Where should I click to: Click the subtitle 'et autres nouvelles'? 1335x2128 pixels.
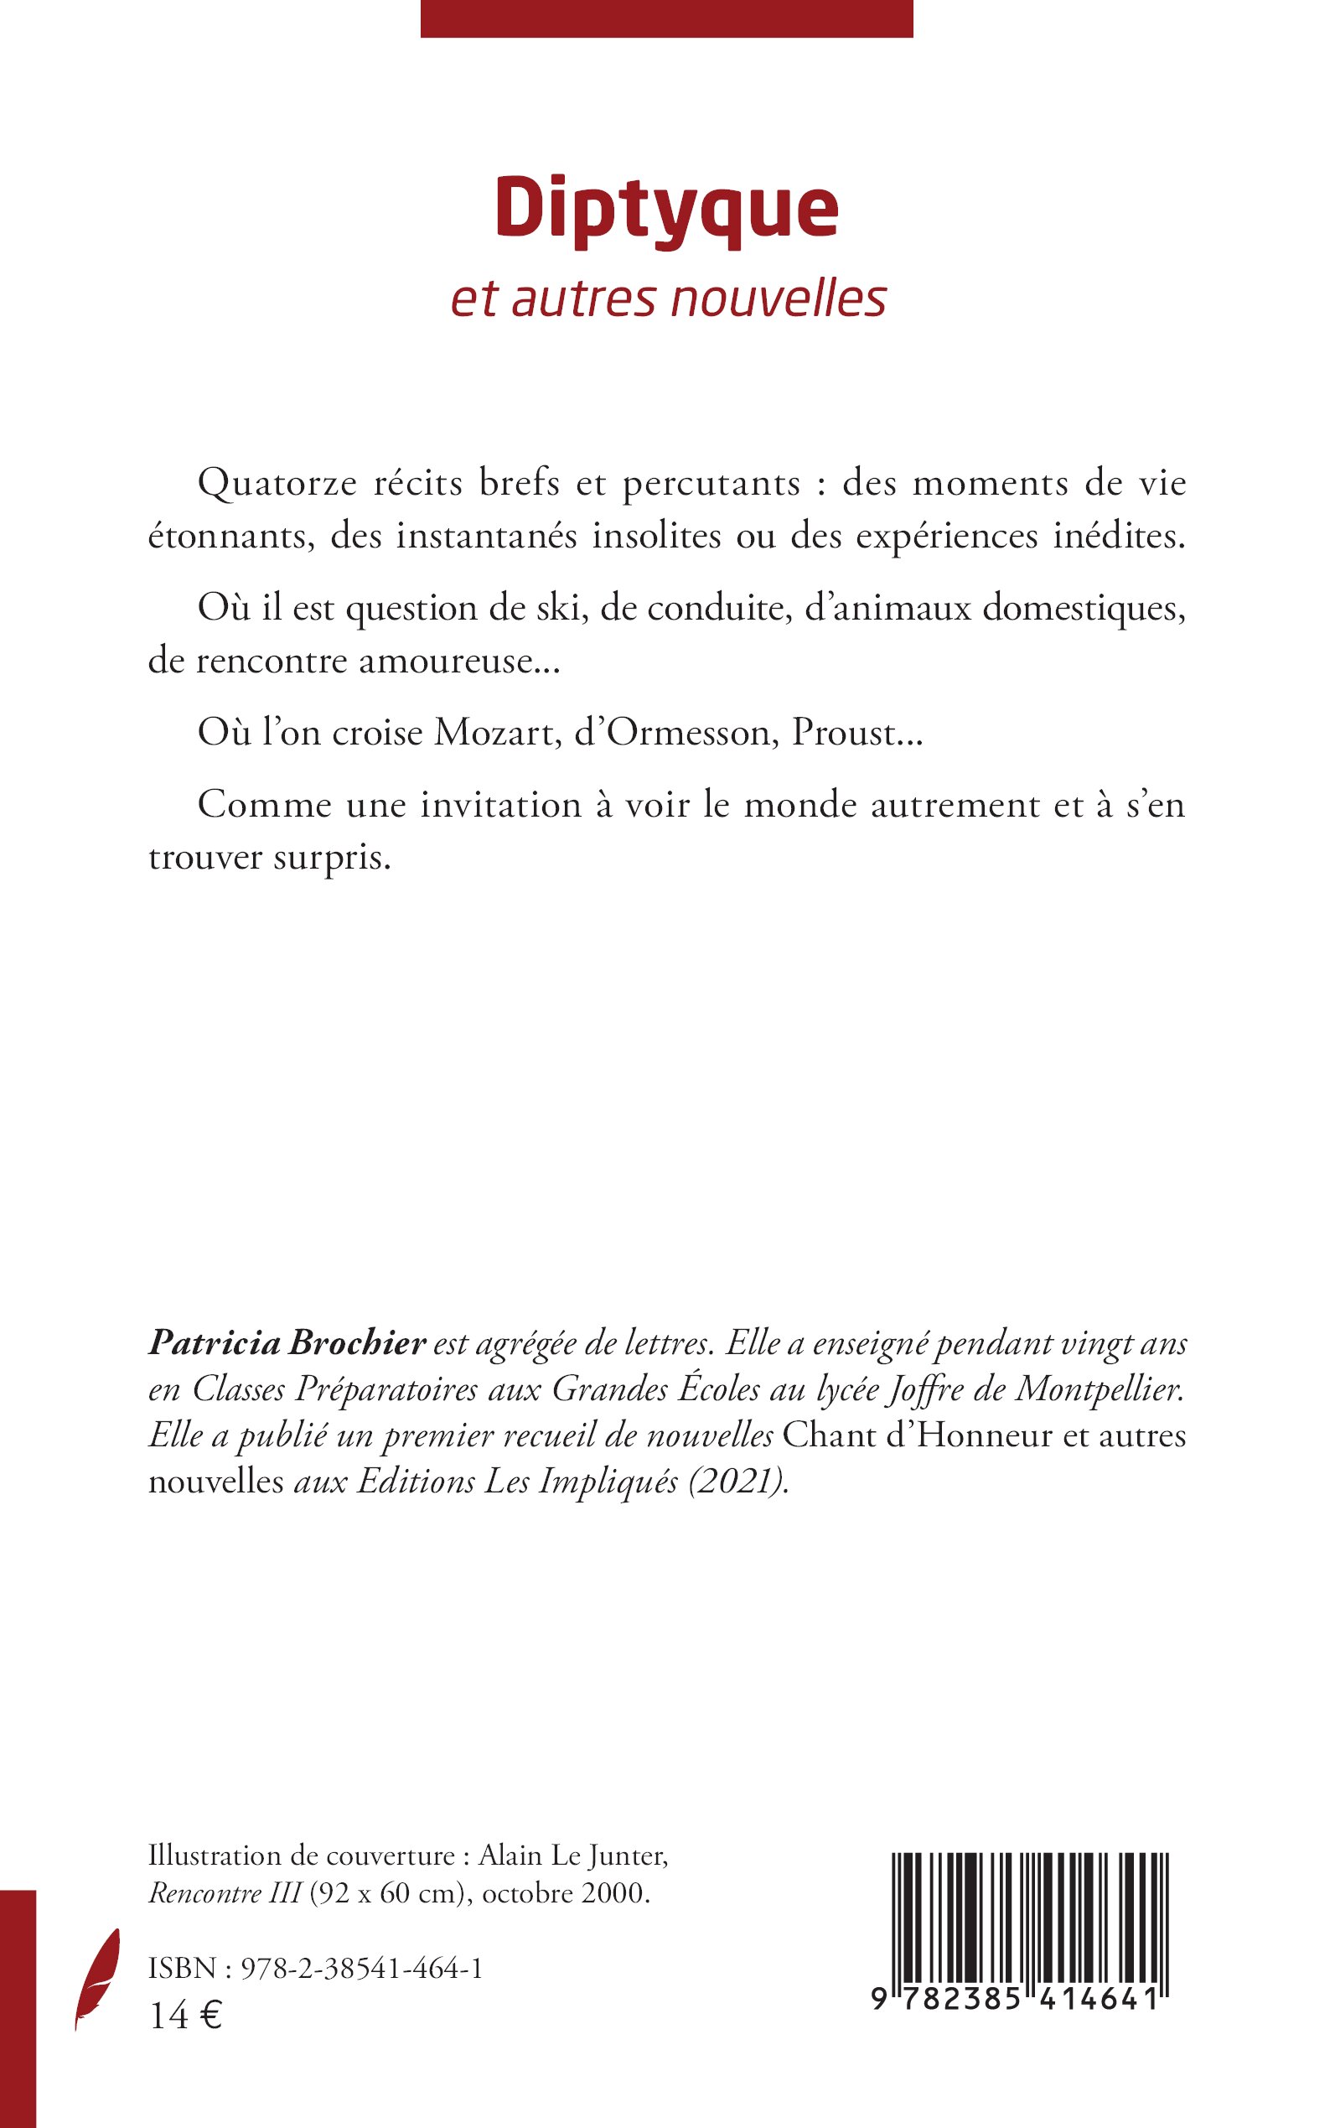tap(669, 299)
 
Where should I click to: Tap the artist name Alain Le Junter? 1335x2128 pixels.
tap(573, 1858)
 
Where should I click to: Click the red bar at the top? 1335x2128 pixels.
tap(666, 18)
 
